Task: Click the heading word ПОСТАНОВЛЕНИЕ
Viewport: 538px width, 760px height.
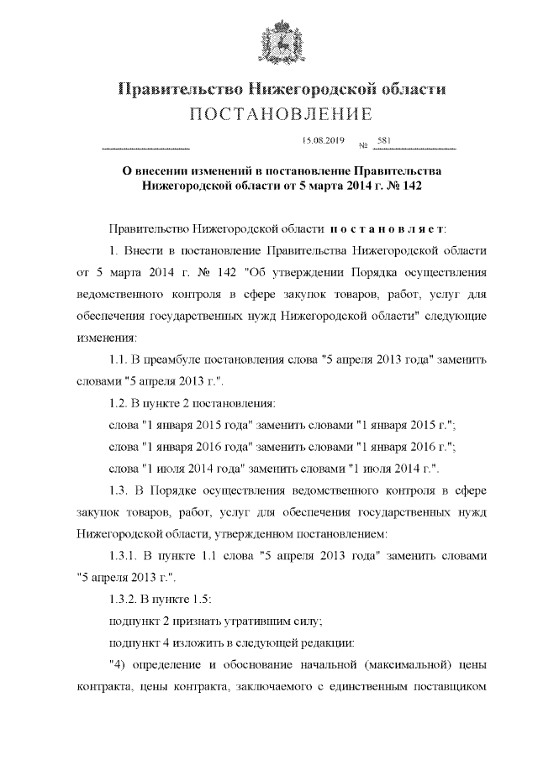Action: pyautogui.click(x=269, y=113)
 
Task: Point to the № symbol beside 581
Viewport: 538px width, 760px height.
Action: pyautogui.click(x=363, y=145)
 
